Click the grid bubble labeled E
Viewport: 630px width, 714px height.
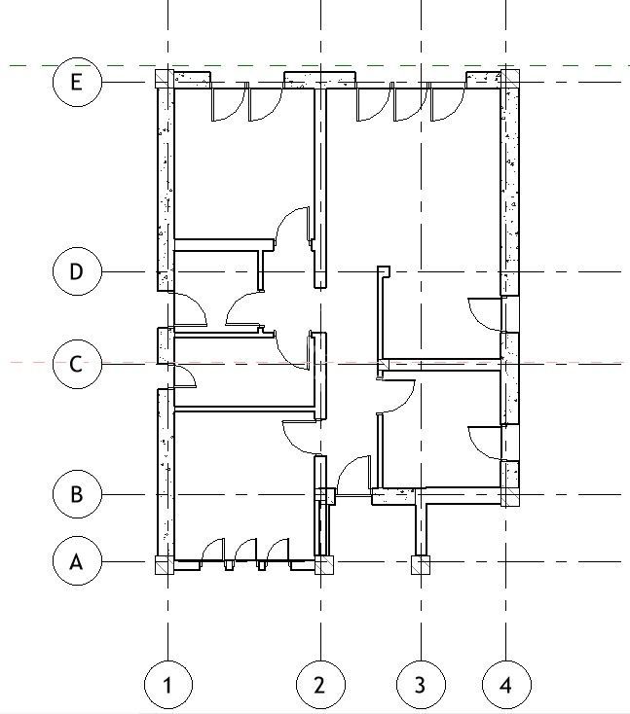pyautogui.click(x=77, y=81)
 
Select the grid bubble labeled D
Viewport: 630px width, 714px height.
pyautogui.click(x=77, y=270)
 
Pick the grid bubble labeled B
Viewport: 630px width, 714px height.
pyautogui.click(x=77, y=494)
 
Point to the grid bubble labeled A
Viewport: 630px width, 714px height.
pyautogui.click(x=77, y=561)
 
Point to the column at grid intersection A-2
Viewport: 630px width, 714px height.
pyautogui.click(x=323, y=564)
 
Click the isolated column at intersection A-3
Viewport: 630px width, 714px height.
pyautogui.click(x=421, y=564)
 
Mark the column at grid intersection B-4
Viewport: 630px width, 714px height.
pyautogui.click(x=509, y=497)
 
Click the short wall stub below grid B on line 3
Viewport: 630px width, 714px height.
pyautogui.click(x=421, y=525)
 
